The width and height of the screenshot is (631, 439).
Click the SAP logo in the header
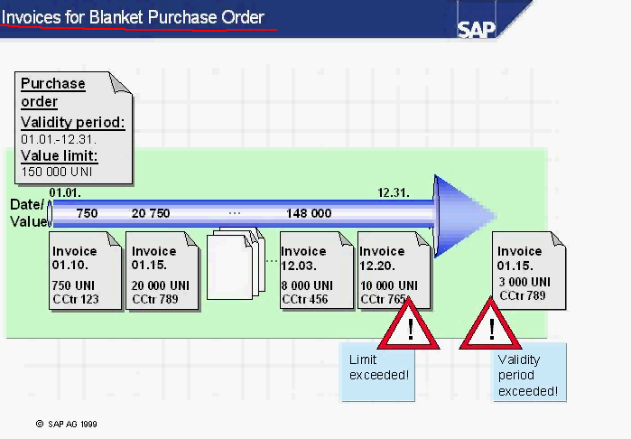(477, 28)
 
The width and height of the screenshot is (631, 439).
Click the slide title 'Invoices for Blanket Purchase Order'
(133, 17)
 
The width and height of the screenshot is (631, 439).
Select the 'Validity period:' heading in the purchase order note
(73, 123)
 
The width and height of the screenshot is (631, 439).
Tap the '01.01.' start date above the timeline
(65, 192)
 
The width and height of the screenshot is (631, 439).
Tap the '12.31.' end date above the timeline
(394, 192)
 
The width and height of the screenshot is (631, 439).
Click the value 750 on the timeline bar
(87, 213)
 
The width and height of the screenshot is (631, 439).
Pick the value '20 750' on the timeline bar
(151, 213)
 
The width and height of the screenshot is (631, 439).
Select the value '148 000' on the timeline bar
(309, 213)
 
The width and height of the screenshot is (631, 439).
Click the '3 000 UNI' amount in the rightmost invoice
(524, 282)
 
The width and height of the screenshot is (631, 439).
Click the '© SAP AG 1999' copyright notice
(67, 423)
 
